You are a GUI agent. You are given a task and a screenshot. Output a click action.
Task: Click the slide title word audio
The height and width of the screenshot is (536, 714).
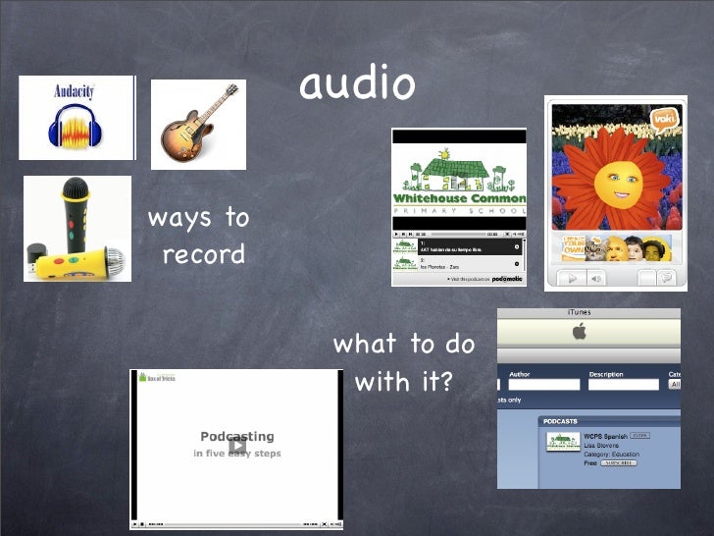tap(357, 85)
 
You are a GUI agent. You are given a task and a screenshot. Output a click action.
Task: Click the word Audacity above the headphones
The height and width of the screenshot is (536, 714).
tap(74, 91)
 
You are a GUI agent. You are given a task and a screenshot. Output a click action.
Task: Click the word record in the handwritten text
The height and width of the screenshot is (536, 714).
tap(203, 255)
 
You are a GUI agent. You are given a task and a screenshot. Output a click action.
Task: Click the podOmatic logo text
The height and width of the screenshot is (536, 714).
tap(506, 279)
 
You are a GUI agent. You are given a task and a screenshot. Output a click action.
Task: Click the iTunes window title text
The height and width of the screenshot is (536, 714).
tap(579, 313)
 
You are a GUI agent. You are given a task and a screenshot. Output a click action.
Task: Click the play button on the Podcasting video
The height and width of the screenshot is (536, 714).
tap(236, 446)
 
